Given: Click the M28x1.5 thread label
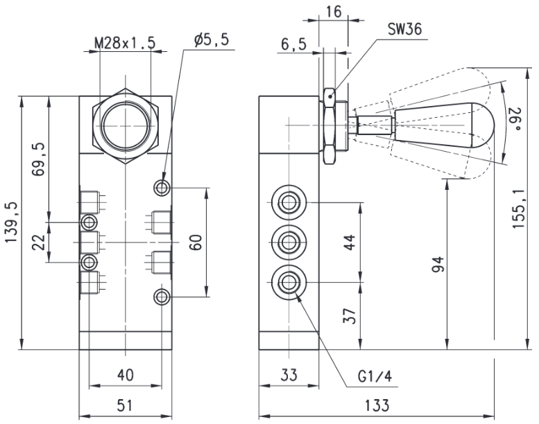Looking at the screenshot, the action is point(125,43).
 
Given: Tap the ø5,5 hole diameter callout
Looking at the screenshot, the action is point(212,40).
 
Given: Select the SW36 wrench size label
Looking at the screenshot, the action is point(404,29).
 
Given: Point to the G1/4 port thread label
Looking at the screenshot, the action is point(375,377).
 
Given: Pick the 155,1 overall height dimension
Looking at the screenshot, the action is point(518,209).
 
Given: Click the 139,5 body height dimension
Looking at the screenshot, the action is point(11,222).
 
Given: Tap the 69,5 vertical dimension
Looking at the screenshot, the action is point(39,159).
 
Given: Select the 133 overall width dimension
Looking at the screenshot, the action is point(377,405).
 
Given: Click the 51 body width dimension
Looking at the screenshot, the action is point(125,405).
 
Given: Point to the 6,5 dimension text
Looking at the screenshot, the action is point(293,44).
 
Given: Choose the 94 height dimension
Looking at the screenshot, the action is point(438,264).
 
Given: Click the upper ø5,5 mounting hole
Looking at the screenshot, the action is point(162,188).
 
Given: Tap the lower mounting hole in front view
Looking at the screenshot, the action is point(162,297).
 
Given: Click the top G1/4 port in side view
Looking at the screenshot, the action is point(289,202).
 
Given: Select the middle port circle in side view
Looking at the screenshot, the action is point(289,242).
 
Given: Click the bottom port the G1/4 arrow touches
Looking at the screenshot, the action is point(289,283).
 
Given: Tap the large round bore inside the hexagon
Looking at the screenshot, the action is point(126,125).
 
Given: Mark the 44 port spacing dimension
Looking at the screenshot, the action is point(349,242).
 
